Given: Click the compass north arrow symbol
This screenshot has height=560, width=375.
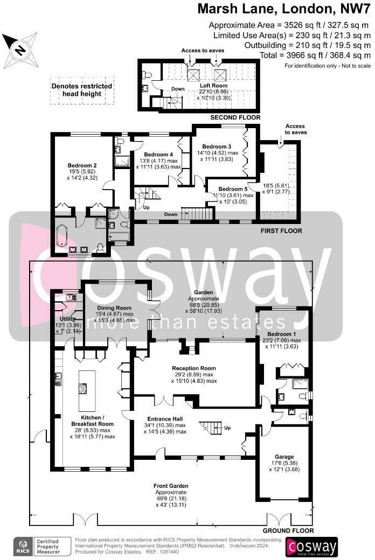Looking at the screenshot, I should click(x=20, y=50).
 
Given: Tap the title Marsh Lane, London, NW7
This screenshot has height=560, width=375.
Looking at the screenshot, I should click(x=284, y=9).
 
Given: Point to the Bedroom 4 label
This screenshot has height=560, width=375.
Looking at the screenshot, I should click(x=157, y=154).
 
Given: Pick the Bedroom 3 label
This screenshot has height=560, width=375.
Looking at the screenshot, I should click(x=217, y=146).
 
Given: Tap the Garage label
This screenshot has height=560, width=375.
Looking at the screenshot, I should click(x=284, y=457).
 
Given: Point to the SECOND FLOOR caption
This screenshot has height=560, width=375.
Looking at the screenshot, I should click(x=235, y=117).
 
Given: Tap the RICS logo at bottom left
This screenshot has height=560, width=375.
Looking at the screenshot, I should click(x=23, y=545).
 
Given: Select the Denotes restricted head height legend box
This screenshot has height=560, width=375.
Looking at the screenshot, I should click(x=82, y=90).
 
